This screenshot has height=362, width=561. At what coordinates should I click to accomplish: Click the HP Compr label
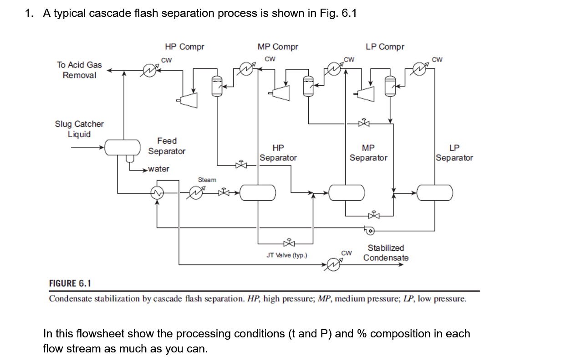pyautogui.click(x=184, y=47)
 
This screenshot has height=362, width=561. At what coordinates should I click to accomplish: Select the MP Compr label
pyautogui.click(x=278, y=47)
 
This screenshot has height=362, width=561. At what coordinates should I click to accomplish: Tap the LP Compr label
pyautogui.click(x=385, y=47)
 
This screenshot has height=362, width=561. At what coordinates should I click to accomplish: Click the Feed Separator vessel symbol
pyautogui.click(x=122, y=147)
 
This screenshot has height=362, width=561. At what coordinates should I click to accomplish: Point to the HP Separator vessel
pyautogui.click(x=257, y=192)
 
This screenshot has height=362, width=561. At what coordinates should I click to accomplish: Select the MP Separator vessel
pyautogui.click(x=347, y=192)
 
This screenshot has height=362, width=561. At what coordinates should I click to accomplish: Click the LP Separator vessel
pyautogui.click(x=435, y=192)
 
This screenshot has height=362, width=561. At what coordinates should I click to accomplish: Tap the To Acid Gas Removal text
pyautogui.click(x=79, y=70)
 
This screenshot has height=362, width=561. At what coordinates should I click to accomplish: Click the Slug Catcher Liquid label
pyautogui.click(x=79, y=129)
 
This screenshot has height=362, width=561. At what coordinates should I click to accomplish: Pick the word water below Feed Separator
pyautogui.click(x=158, y=169)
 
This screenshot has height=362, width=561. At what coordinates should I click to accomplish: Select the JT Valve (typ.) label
pyautogui.click(x=287, y=255)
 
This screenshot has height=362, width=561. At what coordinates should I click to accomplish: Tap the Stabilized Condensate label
pyautogui.click(x=386, y=253)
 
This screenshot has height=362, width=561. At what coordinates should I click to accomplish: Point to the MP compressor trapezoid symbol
pyautogui.click(x=281, y=93)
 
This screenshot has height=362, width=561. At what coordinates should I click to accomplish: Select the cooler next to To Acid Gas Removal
pyautogui.click(x=149, y=70)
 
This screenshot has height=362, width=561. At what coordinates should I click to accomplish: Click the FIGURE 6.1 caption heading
pyautogui.click(x=70, y=284)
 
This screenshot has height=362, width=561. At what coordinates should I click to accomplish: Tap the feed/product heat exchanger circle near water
pyautogui.click(x=158, y=193)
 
